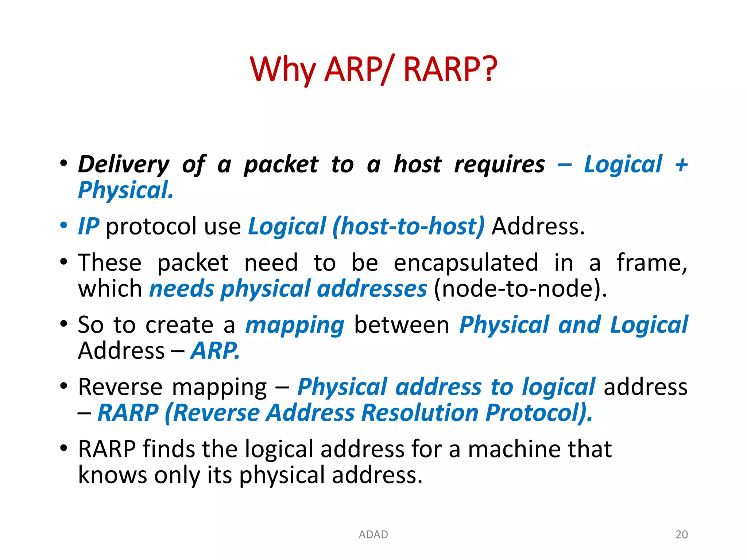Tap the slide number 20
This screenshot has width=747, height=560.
click(681, 534)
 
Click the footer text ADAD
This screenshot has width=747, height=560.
click(373, 534)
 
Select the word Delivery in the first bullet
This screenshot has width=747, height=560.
click(124, 165)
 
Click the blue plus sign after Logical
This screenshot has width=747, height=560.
click(681, 165)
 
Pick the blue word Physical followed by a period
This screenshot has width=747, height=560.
click(125, 190)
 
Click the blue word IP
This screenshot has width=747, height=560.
click(89, 226)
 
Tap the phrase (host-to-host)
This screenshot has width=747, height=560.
click(409, 226)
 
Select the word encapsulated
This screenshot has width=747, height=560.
click(466, 263)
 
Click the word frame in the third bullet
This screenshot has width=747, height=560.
click(651, 263)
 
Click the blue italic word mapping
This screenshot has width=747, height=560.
click(295, 325)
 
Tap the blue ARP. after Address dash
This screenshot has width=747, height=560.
click(215, 351)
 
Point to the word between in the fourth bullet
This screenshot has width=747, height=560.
click(402, 325)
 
